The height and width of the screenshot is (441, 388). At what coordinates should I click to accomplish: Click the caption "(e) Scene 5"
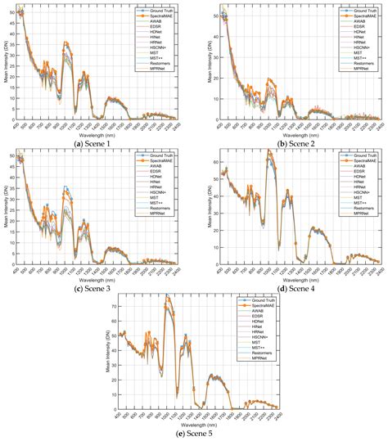coord(194,434)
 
